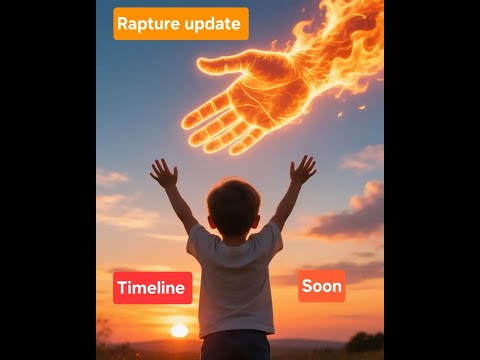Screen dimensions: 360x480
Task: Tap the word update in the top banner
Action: click(213, 24)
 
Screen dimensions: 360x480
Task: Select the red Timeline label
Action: click(152, 288)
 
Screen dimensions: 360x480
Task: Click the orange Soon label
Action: click(321, 286)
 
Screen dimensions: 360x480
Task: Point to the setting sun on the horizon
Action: click(179, 330)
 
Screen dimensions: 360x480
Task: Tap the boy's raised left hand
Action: click(164, 173)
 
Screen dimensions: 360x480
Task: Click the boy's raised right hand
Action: click(303, 169)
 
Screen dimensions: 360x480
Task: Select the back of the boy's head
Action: click(234, 206)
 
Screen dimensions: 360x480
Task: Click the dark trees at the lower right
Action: click(364, 342)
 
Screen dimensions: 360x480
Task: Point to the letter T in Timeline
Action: click(122, 288)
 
